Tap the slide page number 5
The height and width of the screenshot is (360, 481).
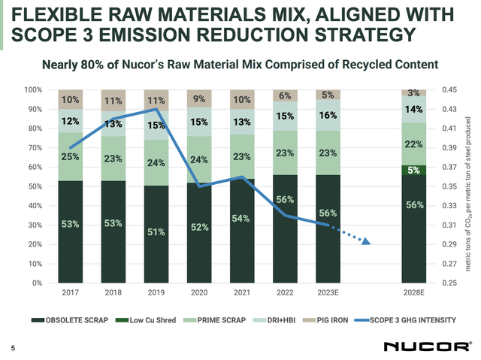coord(12,347)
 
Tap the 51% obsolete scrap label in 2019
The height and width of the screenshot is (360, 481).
coord(155,231)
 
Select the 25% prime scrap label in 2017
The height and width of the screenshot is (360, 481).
coord(70,156)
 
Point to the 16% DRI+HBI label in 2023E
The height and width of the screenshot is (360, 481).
coord(327,116)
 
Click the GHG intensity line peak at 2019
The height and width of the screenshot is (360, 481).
coord(155,110)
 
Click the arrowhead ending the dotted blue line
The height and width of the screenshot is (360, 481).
coord(366,241)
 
